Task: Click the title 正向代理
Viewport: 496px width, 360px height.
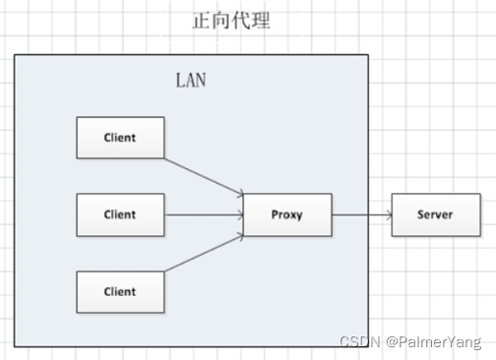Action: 231,21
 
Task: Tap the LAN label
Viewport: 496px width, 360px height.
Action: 191,81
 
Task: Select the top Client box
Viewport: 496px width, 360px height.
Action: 120,138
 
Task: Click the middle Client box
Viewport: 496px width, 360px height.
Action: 120,214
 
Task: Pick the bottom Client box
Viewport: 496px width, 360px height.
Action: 120,292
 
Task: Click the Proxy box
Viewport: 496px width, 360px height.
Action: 287,214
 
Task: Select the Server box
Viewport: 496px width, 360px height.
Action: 436,214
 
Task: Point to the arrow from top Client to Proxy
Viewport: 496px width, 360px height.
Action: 204,177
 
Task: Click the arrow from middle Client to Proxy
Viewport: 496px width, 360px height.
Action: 204,214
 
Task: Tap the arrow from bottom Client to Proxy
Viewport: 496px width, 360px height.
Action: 204,253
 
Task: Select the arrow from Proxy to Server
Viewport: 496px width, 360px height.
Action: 362,214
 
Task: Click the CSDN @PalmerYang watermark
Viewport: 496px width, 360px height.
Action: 410,342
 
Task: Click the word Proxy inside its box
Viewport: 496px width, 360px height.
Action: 286,214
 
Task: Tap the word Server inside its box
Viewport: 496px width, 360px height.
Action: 435,214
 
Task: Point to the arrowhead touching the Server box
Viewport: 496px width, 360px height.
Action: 390,214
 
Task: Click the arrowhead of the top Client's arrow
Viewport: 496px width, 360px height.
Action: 241,194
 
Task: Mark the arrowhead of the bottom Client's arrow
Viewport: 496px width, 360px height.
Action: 241,236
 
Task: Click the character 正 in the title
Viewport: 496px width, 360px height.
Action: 201,21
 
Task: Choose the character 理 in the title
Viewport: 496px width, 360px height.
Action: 261,21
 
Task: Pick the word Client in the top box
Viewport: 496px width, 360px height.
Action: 120,138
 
